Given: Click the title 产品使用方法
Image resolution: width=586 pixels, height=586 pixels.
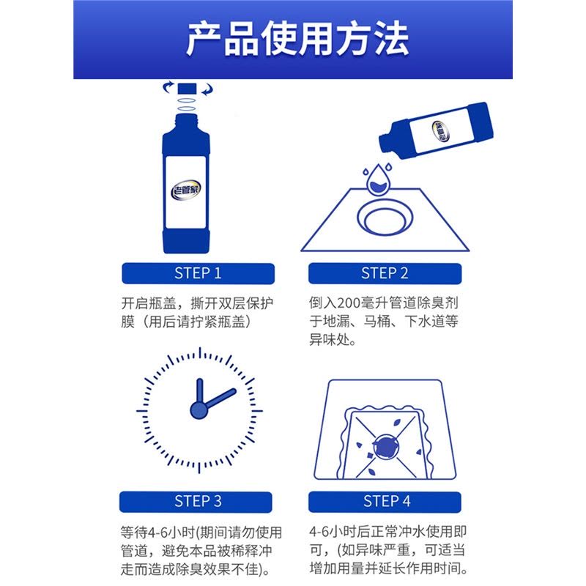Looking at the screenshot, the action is (x=297, y=39).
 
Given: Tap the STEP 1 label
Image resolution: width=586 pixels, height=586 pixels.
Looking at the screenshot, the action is (x=198, y=273).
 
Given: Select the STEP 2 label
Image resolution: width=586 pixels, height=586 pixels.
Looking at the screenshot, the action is (x=385, y=273).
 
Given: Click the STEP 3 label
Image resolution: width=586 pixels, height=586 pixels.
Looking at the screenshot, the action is (x=198, y=502).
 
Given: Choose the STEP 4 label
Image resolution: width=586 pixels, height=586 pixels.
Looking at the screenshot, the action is (x=387, y=502).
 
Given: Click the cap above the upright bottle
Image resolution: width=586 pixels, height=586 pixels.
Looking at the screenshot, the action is (x=187, y=89).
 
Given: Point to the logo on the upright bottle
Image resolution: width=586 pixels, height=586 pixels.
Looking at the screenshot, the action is (x=186, y=190).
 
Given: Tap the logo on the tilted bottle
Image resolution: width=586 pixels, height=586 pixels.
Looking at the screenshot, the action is (x=441, y=131).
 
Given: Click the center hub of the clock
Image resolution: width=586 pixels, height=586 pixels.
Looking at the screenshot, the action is (x=199, y=410).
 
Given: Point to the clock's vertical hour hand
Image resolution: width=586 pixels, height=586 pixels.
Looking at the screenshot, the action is (x=199, y=393).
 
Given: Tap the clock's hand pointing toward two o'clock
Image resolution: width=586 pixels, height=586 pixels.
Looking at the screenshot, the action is (x=220, y=398).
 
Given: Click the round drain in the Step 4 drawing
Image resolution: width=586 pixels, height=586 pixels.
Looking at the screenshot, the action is (x=386, y=446).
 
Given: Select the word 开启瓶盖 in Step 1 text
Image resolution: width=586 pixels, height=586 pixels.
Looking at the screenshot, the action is (x=149, y=303).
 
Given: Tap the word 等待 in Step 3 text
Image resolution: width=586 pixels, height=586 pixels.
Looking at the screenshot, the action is (x=134, y=533).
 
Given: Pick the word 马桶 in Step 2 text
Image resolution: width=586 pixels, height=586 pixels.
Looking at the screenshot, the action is (x=377, y=322).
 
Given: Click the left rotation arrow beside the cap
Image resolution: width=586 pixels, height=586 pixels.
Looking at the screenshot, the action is (x=168, y=87).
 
